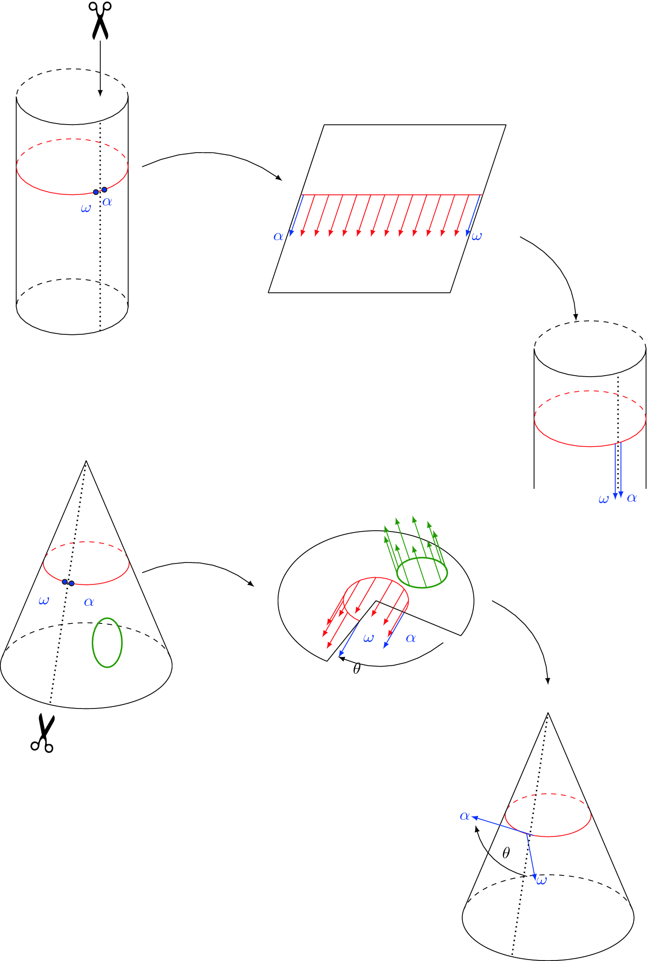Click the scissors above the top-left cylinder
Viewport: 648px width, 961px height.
tap(100, 20)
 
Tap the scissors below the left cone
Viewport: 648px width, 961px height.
tap(43, 733)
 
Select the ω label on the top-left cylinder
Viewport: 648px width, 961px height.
tap(86, 208)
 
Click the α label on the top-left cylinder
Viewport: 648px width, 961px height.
tap(107, 202)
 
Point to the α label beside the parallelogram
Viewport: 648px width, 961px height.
tap(278, 236)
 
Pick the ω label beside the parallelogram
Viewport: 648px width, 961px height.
tap(476, 236)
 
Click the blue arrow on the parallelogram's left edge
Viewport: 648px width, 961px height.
tap(297, 215)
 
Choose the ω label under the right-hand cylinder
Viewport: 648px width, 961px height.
tap(603, 499)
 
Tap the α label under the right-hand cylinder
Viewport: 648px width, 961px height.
tap(632, 498)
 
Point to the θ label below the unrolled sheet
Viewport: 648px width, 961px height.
tap(357, 669)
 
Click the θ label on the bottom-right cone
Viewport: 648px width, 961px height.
tap(506, 853)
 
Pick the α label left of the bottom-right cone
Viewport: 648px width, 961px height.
tap(464, 816)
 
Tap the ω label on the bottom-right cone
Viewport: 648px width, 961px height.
tap(542, 881)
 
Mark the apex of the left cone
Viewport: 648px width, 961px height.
tap(86, 461)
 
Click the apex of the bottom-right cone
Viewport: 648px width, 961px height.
tap(548, 713)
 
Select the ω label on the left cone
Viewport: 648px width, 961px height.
tap(44, 601)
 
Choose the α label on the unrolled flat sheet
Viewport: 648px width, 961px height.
tap(411, 638)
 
